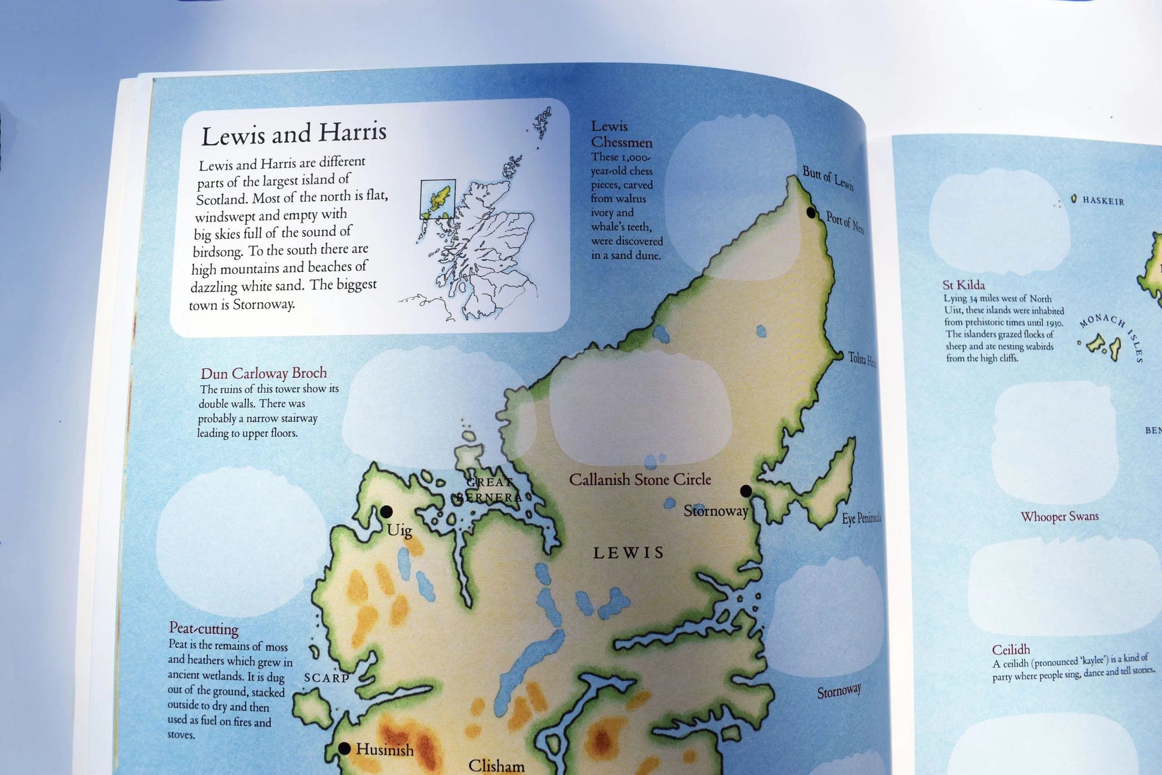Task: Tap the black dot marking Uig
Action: click(x=386, y=512)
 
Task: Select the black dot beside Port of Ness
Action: click(x=811, y=213)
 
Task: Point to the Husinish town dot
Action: click(x=344, y=749)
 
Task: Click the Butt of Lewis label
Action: click(x=828, y=178)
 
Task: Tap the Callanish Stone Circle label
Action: click(x=640, y=479)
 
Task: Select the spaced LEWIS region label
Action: click(x=628, y=553)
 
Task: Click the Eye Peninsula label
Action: click(x=861, y=518)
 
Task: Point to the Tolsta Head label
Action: click(x=862, y=359)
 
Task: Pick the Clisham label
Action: click(x=496, y=765)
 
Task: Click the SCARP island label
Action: click(x=327, y=678)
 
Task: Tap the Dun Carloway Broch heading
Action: click(x=264, y=374)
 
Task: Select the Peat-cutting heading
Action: click(x=204, y=628)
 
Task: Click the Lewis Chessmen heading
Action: click(x=622, y=134)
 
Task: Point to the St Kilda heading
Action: click(x=963, y=285)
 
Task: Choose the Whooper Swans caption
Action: click(x=1059, y=516)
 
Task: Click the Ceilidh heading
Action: click(x=1011, y=650)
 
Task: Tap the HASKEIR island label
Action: click(x=1103, y=201)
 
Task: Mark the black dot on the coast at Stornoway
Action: click(x=746, y=491)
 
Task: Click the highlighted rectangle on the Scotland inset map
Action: click(x=438, y=199)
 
